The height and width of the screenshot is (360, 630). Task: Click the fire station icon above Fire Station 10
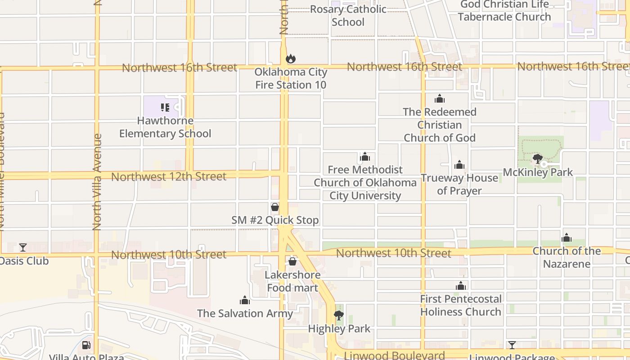291,58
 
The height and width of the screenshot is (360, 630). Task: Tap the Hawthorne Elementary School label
165,127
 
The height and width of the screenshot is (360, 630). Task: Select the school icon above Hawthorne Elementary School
165,108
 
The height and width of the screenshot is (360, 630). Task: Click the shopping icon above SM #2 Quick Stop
275,207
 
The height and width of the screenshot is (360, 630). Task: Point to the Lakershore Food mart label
292,281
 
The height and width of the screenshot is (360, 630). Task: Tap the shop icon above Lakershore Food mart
292,261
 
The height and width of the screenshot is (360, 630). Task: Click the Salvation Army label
245,313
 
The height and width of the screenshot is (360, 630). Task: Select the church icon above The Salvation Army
245,300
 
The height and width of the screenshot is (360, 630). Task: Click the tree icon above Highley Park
339,315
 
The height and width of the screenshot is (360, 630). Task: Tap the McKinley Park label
538,172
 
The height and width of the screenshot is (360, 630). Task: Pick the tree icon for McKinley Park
537,158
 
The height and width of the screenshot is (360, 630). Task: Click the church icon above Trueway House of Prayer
459,165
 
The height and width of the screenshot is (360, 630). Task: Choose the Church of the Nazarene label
567,257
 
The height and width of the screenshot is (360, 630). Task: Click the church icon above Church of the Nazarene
567,238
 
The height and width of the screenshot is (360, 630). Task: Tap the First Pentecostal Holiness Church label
461,305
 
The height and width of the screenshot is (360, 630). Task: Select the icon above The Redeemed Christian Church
440,99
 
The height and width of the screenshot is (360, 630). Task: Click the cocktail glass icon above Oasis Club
23,247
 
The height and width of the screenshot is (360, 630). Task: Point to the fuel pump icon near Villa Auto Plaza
86,346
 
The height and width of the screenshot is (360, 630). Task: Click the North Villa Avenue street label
97,182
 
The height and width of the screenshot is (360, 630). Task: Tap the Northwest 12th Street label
169,177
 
